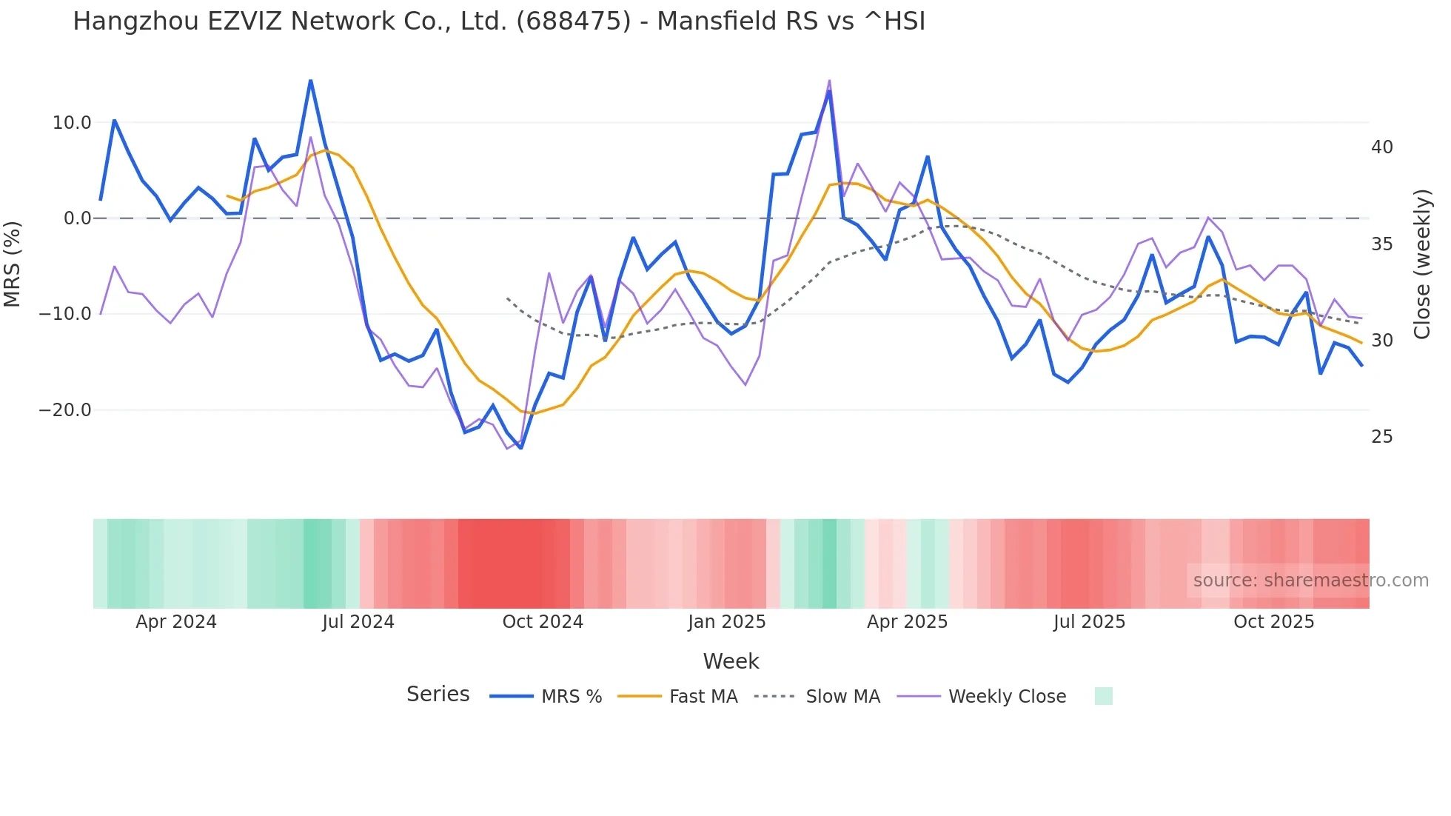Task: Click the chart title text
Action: (x=498, y=21)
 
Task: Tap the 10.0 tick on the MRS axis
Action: (x=72, y=123)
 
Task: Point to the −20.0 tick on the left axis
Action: (x=65, y=410)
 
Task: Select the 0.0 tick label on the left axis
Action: (x=77, y=218)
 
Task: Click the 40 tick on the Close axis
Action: (x=1381, y=147)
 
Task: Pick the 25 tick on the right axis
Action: (x=1381, y=437)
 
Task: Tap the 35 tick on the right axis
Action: (x=1381, y=244)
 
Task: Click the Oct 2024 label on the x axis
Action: (x=543, y=622)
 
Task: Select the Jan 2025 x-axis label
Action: (x=726, y=622)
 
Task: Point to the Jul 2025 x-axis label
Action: (x=1089, y=622)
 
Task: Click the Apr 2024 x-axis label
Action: (x=176, y=622)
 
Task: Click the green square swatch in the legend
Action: (x=1103, y=696)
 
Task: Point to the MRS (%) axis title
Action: (x=13, y=264)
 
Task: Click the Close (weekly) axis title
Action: (x=1422, y=264)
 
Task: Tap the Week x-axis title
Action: (x=731, y=661)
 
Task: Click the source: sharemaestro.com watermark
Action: (x=1310, y=581)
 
